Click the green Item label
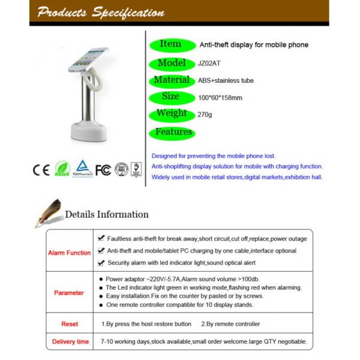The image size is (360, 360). [x=171, y=44]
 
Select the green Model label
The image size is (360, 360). [x=172, y=62]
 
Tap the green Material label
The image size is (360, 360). [x=172, y=80]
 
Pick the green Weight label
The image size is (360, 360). [x=172, y=113]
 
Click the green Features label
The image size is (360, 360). [x=173, y=131]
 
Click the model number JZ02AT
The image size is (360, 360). [x=209, y=62]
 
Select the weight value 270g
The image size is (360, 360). [x=205, y=113]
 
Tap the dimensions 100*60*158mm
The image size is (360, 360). [x=220, y=97]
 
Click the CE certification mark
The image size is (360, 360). [x=41, y=170]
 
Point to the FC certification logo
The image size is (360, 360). [x=103, y=170]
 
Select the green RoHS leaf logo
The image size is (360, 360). [x=62, y=169]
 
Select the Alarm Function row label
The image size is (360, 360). [x=69, y=253]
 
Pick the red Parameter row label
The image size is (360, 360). [x=69, y=293]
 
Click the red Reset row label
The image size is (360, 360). [x=69, y=324]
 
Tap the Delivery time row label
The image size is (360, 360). [x=69, y=342]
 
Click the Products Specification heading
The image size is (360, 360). [x=100, y=13]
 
